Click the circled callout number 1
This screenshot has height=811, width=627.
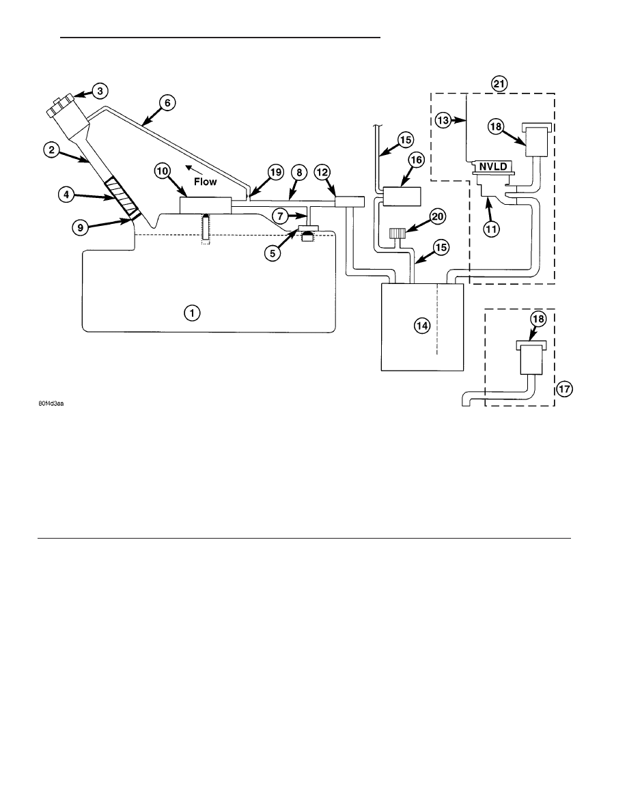coord(192,313)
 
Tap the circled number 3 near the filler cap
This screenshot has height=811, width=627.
coord(99,91)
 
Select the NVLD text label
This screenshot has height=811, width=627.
coord(493,167)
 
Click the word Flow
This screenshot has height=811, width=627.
coord(206,182)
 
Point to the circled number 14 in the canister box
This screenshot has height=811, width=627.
coord(421,326)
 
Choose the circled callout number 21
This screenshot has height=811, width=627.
coord(499,84)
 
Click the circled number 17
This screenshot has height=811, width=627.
coord(564,388)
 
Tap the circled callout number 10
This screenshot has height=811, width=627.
coord(163,172)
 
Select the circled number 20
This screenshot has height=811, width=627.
coord(438,216)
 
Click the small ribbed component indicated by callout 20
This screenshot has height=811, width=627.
coord(398,233)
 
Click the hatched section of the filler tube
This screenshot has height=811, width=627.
coord(122,197)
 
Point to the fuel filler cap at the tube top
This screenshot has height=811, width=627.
coord(58,106)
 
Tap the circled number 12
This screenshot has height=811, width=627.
coord(322,172)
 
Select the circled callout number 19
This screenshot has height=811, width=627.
coord(276,172)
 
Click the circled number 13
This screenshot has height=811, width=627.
coord(443,121)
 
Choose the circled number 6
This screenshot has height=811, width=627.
coord(167,103)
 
